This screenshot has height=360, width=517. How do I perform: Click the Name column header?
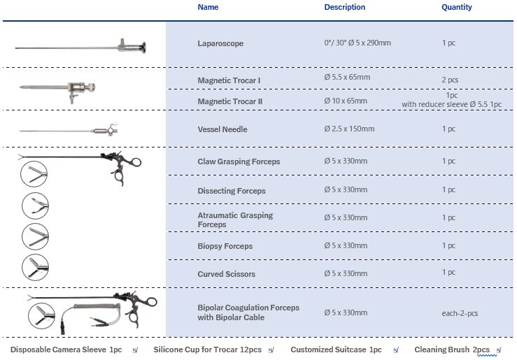tap(208, 8)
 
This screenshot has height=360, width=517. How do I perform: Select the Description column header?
tap(344, 8)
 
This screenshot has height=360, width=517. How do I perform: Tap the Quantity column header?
tap(456, 8)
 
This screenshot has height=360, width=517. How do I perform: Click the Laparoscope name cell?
tap(220, 43)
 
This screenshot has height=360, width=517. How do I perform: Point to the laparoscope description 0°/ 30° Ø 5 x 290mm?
tap(357, 43)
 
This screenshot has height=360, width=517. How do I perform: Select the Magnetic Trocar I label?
tap(229, 80)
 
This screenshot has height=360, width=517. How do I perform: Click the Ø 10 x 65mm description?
tap(346, 101)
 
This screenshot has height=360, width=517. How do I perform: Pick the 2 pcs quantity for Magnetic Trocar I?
tap(450, 80)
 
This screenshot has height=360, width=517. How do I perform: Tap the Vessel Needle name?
tap(222, 129)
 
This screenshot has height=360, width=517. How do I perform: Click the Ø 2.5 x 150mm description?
tap(349, 129)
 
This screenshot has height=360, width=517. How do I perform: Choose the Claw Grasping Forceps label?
tap(239, 161)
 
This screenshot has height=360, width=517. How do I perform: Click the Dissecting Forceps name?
tap(232, 191)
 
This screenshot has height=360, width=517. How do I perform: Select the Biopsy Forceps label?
tap(225, 246)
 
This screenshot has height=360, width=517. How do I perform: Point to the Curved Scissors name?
tap(227, 274)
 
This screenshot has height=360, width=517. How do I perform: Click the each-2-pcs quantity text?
tap(460, 313)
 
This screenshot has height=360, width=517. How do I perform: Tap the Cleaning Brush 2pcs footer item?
tap(452, 350)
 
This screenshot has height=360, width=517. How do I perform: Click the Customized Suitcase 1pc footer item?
tap(336, 350)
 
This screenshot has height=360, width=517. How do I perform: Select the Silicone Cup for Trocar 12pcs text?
tap(207, 350)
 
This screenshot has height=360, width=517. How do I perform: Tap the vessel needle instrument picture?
tap(70, 131)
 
